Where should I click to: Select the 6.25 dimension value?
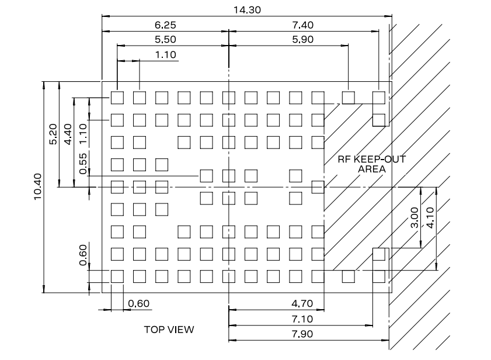pyautogui.click(x=165, y=25)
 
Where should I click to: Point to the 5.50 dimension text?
pyautogui.click(x=165, y=39)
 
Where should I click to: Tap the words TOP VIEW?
pyautogui.click(x=169, y=330)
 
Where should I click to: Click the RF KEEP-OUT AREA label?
pyautogui.click(x=372, y=164)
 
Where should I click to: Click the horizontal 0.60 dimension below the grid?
pyautogui.click(x=138, y=303)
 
